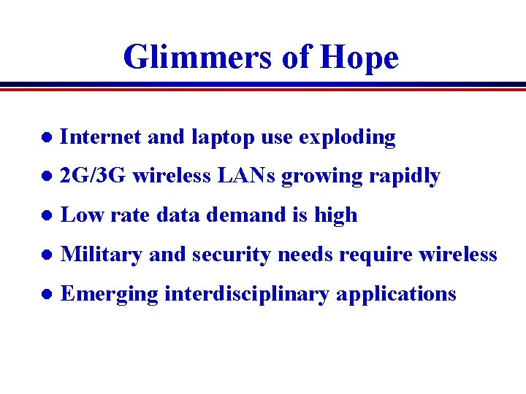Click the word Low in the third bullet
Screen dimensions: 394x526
click(82, 215)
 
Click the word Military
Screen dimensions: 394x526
click(102, 255)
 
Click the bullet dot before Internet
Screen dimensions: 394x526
click(46, 137)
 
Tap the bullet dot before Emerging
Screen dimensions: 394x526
click(46, 295)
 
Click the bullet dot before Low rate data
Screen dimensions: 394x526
click(46, 216)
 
